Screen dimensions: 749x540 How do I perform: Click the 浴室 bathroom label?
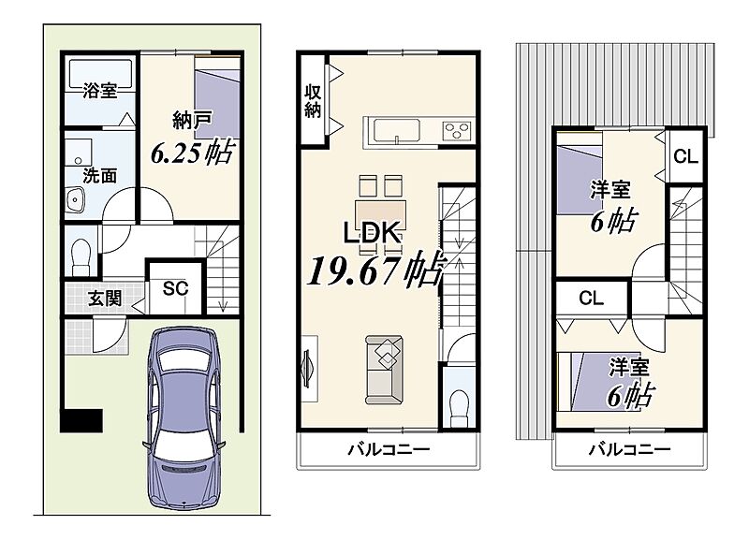100,91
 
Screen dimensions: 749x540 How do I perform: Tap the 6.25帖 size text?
192,153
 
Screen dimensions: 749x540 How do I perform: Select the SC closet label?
175,288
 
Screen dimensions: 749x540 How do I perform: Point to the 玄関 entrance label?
105,299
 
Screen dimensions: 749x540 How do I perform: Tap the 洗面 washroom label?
100,176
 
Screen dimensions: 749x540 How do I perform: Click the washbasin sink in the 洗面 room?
75,200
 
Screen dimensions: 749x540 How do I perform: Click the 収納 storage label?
313,101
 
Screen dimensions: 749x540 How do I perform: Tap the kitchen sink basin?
397,130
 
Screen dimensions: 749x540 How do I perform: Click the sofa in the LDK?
384,370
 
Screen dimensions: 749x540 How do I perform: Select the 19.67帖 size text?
376,270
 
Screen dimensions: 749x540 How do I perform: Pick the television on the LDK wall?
308,368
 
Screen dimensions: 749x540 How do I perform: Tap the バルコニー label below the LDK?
389,449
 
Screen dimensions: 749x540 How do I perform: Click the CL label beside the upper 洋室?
685,156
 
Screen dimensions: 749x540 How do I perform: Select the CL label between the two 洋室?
591,299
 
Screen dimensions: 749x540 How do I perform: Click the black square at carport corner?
81,420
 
